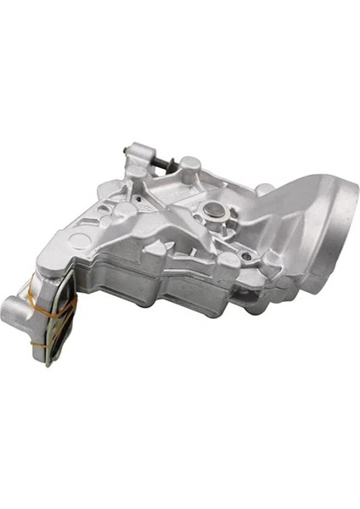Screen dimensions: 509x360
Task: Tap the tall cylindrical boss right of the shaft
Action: point(191,165)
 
